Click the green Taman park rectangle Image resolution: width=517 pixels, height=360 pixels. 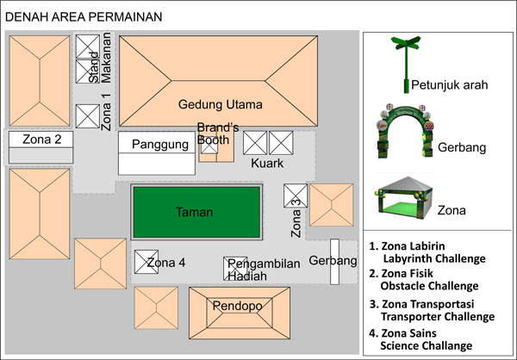196,212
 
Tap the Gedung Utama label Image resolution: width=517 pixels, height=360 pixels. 221,104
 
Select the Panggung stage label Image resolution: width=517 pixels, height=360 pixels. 160,145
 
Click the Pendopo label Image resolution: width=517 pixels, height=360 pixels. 238,306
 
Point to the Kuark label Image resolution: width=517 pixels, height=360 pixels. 267,163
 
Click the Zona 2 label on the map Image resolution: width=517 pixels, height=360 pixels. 42,140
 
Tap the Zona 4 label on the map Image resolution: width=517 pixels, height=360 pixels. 165,263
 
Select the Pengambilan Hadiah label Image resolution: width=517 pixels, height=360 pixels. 264,270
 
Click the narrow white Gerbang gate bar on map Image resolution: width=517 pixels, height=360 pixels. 334,262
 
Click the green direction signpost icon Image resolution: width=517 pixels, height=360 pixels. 406,64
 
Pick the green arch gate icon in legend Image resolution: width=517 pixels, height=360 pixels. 405,131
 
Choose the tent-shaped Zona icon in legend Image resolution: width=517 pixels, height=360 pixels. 403,197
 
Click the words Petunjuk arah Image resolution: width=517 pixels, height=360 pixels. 450,85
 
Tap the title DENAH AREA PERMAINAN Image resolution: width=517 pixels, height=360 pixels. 84,17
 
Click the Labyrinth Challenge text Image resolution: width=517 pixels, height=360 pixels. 434,258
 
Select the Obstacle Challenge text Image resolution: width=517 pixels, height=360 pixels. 429,286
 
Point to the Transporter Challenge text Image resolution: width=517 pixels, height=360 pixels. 438,316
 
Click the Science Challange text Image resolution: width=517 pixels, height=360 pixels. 427,345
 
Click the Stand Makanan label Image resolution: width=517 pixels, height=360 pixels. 100,58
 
